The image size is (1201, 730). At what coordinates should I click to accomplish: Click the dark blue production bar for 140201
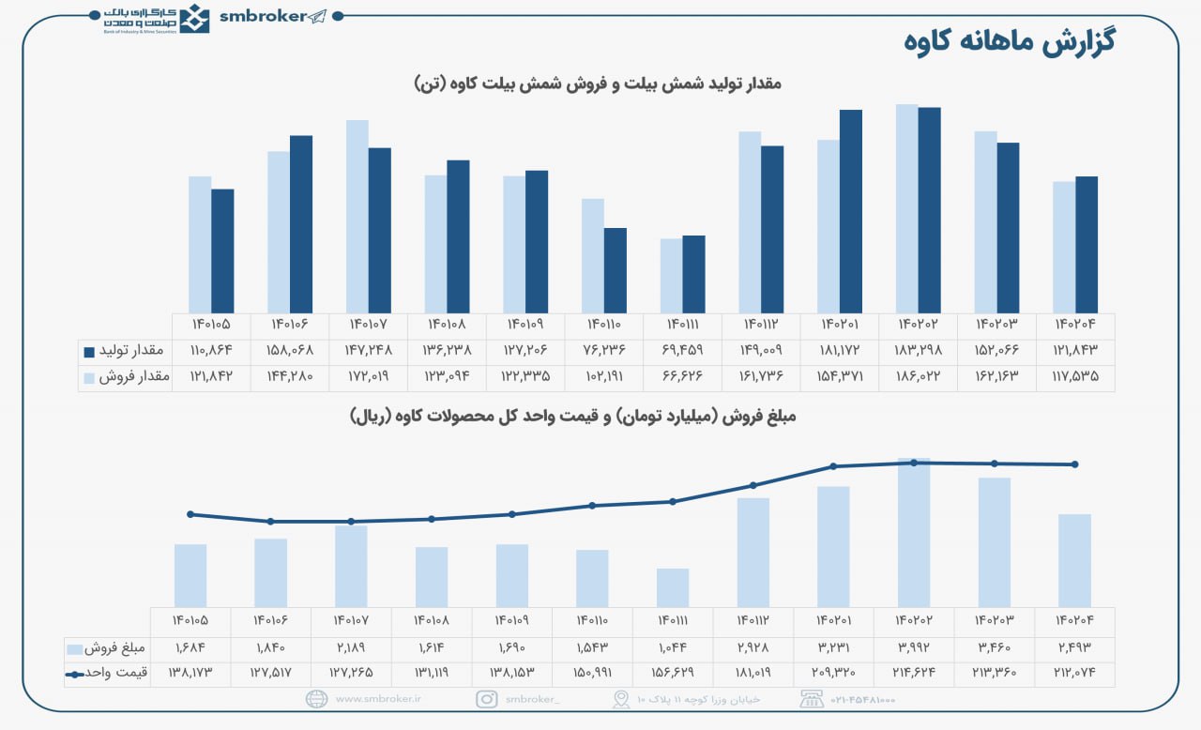850,211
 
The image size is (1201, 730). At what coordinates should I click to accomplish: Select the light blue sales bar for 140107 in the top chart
357,216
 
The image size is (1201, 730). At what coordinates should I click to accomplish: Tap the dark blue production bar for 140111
693,274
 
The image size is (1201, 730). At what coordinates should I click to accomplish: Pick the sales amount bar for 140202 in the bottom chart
914,532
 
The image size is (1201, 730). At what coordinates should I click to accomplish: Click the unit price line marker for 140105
190,514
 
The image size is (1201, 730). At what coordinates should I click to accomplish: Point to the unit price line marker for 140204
1074,464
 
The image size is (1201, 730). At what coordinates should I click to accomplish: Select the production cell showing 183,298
918,351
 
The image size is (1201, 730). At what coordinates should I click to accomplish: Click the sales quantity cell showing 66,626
682,376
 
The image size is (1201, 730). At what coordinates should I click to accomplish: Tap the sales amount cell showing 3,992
913,647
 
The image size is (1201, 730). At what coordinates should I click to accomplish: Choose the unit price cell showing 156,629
672,673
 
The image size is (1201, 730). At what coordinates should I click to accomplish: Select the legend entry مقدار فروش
125,376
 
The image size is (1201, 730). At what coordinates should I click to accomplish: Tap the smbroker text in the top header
262,16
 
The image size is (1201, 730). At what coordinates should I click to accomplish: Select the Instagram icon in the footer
487,699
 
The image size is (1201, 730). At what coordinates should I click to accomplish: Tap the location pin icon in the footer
620,699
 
